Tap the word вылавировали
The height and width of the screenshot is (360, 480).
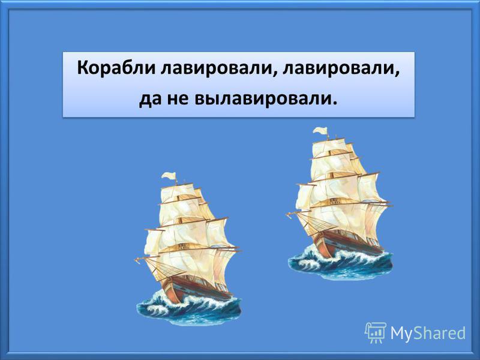tap(263, 98)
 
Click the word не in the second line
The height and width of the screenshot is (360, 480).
tap(178, 100)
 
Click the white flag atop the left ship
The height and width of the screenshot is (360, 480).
tap(169, 176)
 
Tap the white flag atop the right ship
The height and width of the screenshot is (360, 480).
tap(320, 131)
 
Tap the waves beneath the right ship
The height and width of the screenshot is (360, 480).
tap(340, 263)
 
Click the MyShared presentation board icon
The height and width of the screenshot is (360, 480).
tap(376, 332)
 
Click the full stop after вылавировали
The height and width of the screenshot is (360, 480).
tap(334, 103)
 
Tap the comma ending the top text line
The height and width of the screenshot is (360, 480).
tap(397, 74)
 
